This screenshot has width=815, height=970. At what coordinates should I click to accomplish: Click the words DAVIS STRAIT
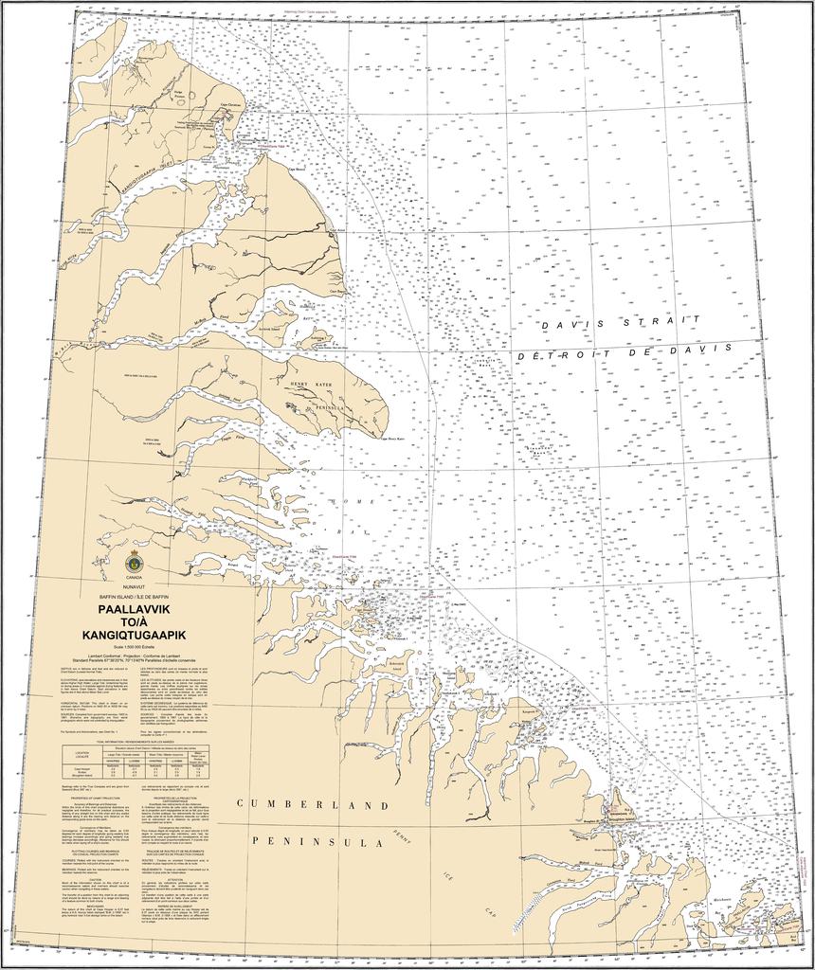(x=621, y=323)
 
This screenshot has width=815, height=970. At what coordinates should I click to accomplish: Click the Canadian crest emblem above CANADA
(x=134, y=562)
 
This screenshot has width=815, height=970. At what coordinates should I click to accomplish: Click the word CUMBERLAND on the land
(x=313, y=804)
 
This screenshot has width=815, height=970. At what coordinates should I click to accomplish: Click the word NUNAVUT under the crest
(x=134, y=586)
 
